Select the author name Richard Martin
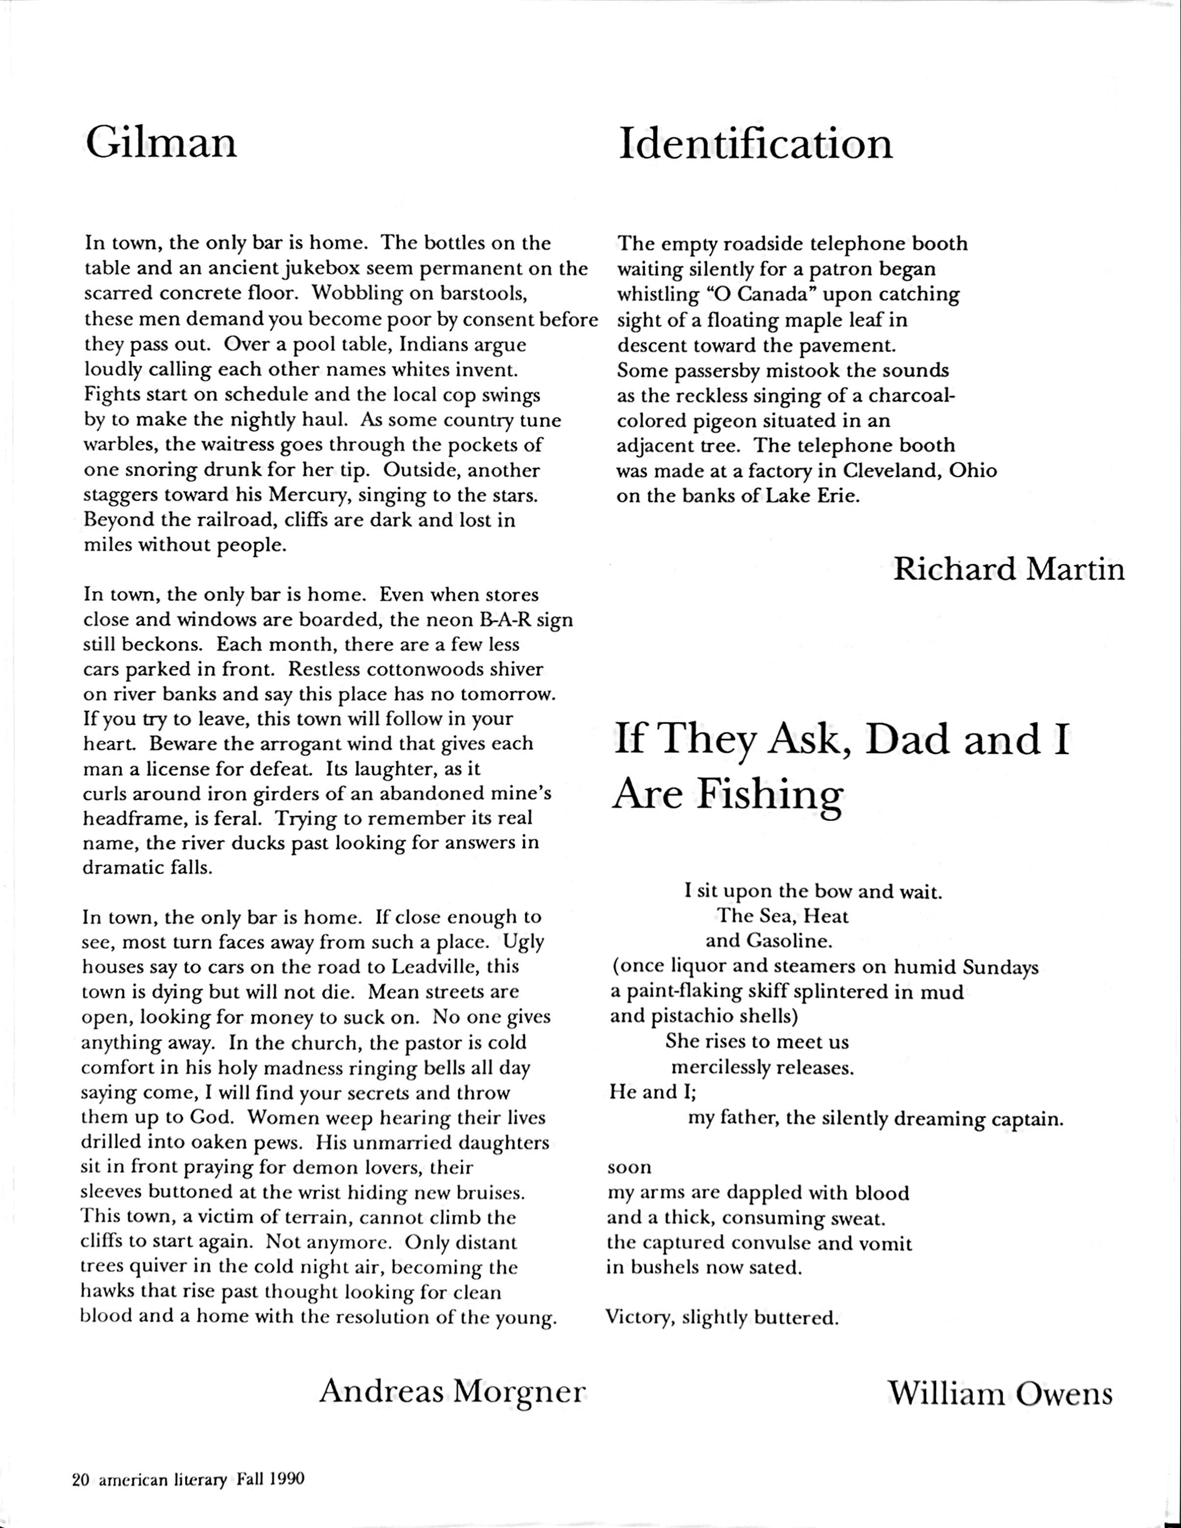click(x=1009, y=570)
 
